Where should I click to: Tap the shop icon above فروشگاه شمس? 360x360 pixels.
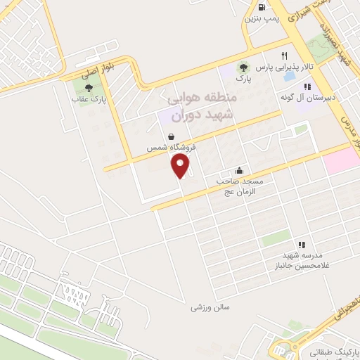point(171,137)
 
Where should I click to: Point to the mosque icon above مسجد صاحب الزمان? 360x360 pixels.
point(239,170)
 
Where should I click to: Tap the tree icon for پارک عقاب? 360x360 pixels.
point(89,88)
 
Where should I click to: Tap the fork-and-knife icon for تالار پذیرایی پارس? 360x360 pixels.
point(285,56)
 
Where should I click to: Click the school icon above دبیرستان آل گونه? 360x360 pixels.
point(307,86)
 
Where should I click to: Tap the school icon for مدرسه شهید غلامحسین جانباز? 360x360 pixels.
point(302,245)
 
